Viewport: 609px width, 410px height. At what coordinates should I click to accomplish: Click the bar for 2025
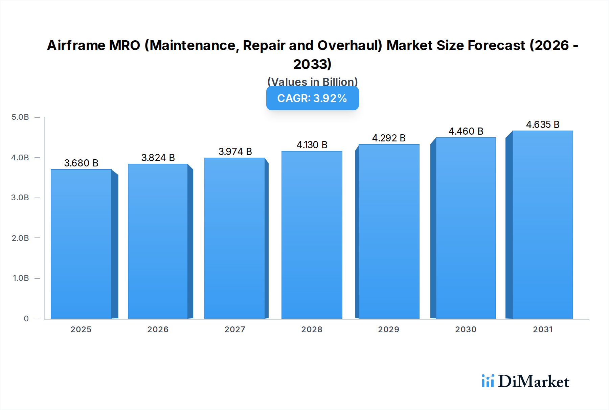point(81,244)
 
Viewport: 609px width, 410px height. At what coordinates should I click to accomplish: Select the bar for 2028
point(312,235)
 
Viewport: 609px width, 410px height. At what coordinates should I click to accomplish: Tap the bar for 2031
point(543,225)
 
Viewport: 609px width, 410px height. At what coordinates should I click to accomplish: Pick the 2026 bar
point(158,241)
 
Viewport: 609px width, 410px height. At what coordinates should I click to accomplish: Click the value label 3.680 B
point(81,163)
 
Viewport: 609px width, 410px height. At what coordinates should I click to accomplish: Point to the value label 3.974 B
point(235,152)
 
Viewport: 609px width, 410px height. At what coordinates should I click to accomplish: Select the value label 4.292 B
point(389,138)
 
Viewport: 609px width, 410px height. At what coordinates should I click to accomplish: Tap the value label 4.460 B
point(466,131)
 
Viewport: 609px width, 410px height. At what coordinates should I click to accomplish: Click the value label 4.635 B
point(543,124)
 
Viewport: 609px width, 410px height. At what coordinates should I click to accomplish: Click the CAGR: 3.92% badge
point(312,98)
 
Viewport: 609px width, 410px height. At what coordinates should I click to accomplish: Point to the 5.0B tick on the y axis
point(20,117)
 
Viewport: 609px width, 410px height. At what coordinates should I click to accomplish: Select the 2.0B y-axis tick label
point(20,238)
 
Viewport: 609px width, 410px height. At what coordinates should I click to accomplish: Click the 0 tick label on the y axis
point(26,318)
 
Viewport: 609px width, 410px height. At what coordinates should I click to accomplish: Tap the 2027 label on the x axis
point(235,329)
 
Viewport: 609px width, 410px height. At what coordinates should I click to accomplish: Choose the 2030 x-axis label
point(466,329)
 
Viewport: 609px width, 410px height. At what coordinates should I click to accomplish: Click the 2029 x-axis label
point(388,329)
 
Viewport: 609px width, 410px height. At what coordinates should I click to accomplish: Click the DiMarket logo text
point(534,382)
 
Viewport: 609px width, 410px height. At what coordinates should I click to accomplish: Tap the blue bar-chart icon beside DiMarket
point(488,381)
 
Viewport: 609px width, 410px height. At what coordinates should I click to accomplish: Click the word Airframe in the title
point(76,45)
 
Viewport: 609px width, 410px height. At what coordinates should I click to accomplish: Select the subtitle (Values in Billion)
point(312,82)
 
